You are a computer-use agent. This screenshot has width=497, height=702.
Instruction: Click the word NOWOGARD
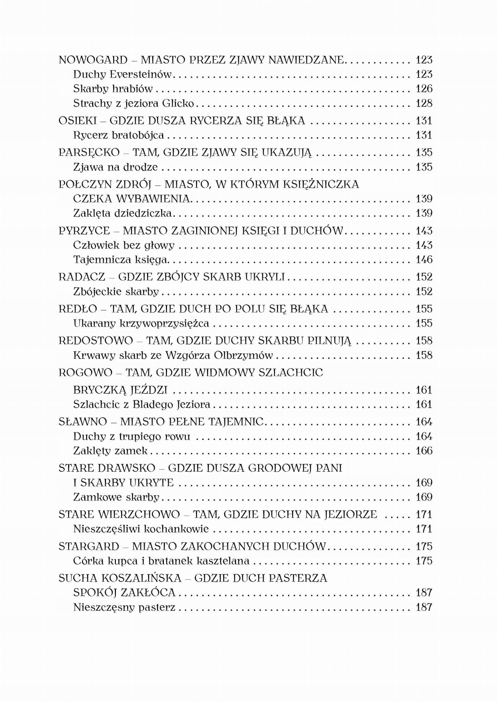[x=93, y=60]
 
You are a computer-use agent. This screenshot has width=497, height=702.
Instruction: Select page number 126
[x=424, y=89]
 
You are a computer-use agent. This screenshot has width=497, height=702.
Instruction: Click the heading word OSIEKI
[x=77, y=121]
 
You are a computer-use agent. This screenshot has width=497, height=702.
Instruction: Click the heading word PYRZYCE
[x=84, y=230]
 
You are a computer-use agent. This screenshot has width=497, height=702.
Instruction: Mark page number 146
[x=424, y=260]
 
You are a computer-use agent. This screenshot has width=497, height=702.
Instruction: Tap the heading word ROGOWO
[x=85, y=372]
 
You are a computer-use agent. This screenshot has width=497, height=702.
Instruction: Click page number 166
[x=424, y=451]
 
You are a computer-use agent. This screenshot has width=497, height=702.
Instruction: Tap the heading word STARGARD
[x=89, y=546]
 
